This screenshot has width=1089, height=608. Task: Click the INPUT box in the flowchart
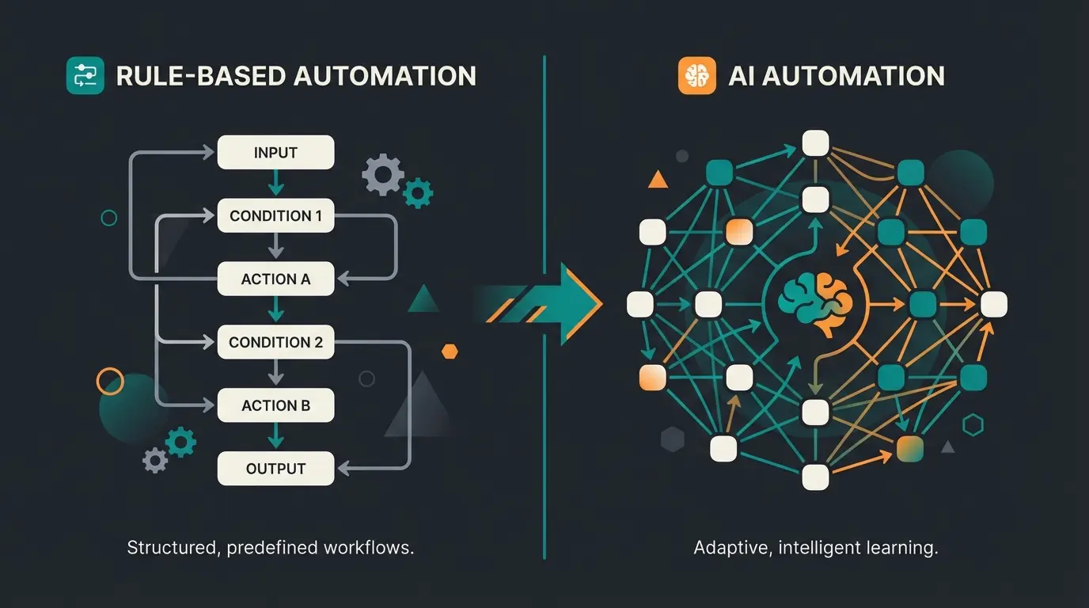click(275, 153)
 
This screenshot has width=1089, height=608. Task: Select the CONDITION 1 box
click(275, 216)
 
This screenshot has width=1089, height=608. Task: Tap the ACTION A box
click(275, 279)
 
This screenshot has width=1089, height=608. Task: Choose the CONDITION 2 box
click(275, 343)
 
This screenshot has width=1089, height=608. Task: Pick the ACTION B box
click(275, 406)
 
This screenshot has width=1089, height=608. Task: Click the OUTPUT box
click(275, 469)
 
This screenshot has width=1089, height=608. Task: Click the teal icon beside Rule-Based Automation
click(85, 76)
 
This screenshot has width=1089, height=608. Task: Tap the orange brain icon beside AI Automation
click(697, 76)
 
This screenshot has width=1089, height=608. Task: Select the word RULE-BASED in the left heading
click(199, 76)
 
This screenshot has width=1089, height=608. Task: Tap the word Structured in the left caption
click(170, 548)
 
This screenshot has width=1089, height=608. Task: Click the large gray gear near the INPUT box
click(382, 175)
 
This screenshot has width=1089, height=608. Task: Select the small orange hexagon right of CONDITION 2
click(450, 351)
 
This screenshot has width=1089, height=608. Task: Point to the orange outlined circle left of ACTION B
click(110, 381)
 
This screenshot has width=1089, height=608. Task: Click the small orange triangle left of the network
click(658, 180)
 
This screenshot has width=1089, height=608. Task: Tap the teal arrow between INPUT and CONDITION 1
click(275, 185)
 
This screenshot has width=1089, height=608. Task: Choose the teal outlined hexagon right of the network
click(973, 426)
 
